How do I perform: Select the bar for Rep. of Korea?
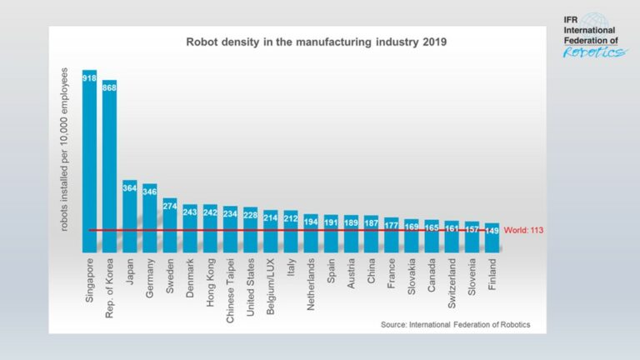[109, 167]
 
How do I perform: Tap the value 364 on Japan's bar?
[129, 188]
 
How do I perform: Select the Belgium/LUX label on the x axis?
[271, 288]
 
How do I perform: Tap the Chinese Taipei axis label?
[231, 291]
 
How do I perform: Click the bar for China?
[371, 234]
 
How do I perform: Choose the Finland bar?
[492, 237]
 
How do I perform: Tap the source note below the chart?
[455, 323]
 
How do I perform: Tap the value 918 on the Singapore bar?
[89, 77]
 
